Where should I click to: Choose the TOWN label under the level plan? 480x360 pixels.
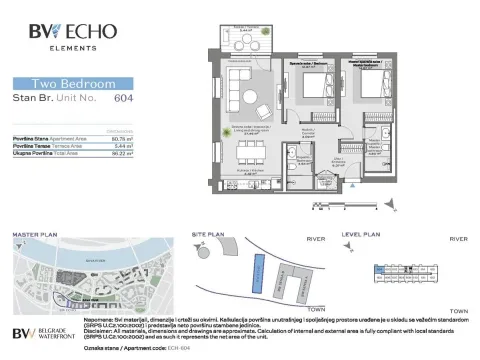click(x=459, y=313)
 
